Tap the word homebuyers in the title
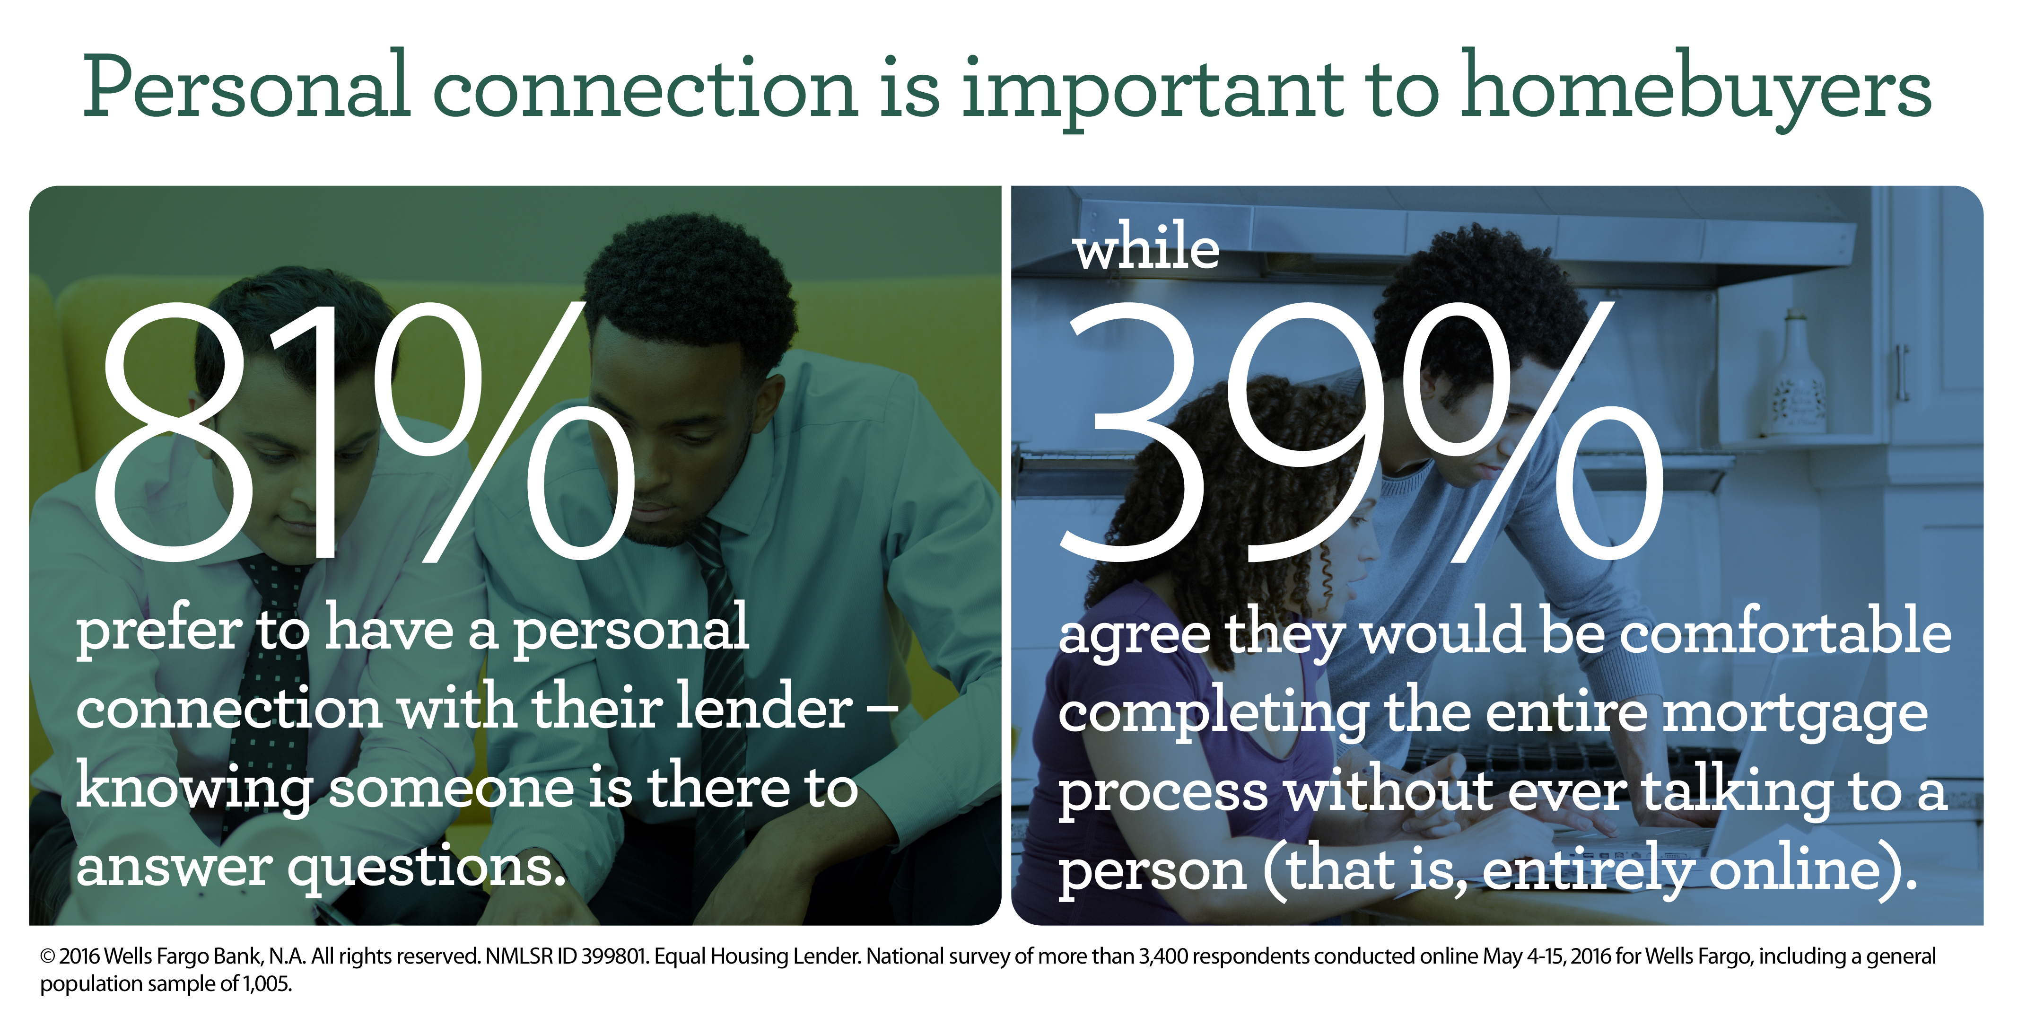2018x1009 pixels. coord(1695,90)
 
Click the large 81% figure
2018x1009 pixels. coord(364,431)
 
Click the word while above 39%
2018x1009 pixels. coord(1146,247)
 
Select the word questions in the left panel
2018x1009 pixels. coord(427,869)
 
